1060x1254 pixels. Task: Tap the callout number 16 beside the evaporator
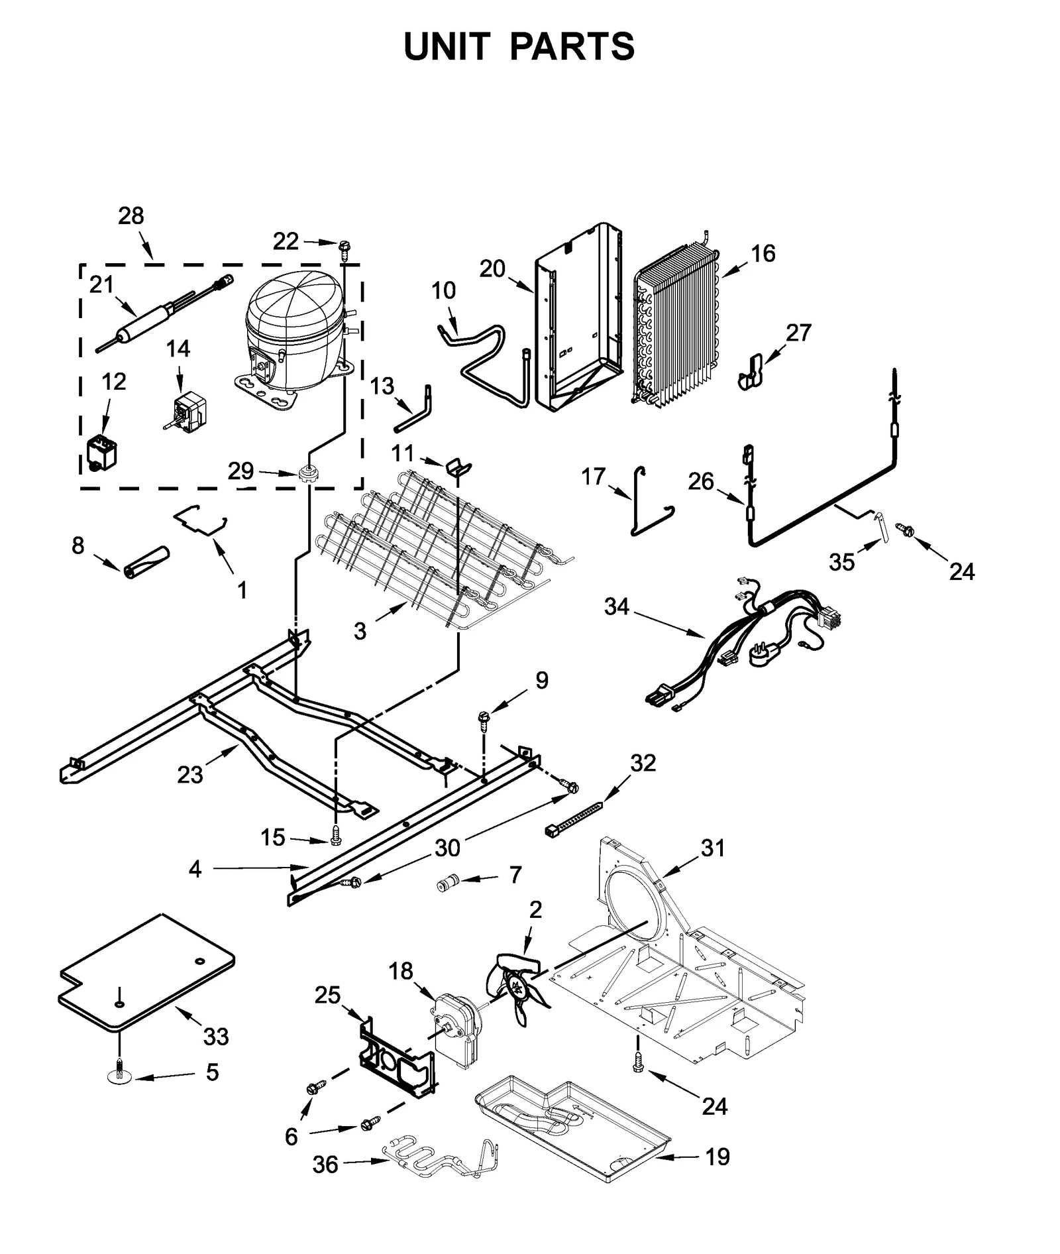click(763, 253)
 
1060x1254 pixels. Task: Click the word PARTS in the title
click(572, 47)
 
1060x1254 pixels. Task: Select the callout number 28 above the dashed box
click(131, 216)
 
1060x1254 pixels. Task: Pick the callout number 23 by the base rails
click(189, 775)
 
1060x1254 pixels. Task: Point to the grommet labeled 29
click(307, 473)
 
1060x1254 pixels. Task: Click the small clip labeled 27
click(751, 370)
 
